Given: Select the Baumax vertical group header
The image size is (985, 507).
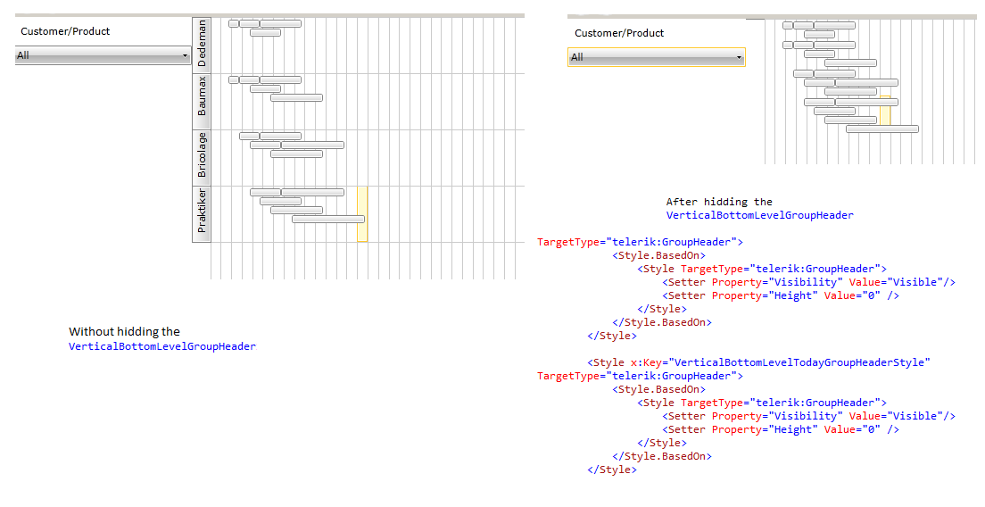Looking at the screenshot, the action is (201, 101).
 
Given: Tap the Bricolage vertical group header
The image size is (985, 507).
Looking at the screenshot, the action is (201, 157).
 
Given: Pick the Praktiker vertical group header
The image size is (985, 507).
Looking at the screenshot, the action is (201, 213).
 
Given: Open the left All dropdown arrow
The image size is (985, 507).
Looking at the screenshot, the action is (185, 56).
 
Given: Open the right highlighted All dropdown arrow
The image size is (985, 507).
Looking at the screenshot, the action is (739, 58).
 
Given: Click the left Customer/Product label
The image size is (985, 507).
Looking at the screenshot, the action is (65, 31).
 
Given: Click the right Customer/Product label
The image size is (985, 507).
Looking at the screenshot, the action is (619, 33).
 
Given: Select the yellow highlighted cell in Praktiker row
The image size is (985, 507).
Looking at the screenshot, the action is (362, 213).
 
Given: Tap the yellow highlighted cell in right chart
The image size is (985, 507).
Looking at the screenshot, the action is (885, 111).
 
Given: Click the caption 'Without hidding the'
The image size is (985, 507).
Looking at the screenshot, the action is (124, 332).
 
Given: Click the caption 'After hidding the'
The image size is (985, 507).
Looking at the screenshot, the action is (719, 202).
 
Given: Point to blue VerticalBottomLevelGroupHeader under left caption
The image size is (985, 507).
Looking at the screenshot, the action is (162, 346).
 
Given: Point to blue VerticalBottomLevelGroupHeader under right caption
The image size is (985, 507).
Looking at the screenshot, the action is (759, 215).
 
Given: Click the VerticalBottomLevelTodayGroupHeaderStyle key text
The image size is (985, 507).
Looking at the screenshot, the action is (799, 362).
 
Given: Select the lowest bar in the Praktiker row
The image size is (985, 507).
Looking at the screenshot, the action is (328, 220).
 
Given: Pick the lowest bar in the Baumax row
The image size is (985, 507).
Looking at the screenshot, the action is (296, 97).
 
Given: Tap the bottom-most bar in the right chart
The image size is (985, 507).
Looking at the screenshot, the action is (882, 129).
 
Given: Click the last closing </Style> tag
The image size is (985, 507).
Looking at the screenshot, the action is (612, 470).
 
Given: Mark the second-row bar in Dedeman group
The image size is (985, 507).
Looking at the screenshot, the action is (265, 33).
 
